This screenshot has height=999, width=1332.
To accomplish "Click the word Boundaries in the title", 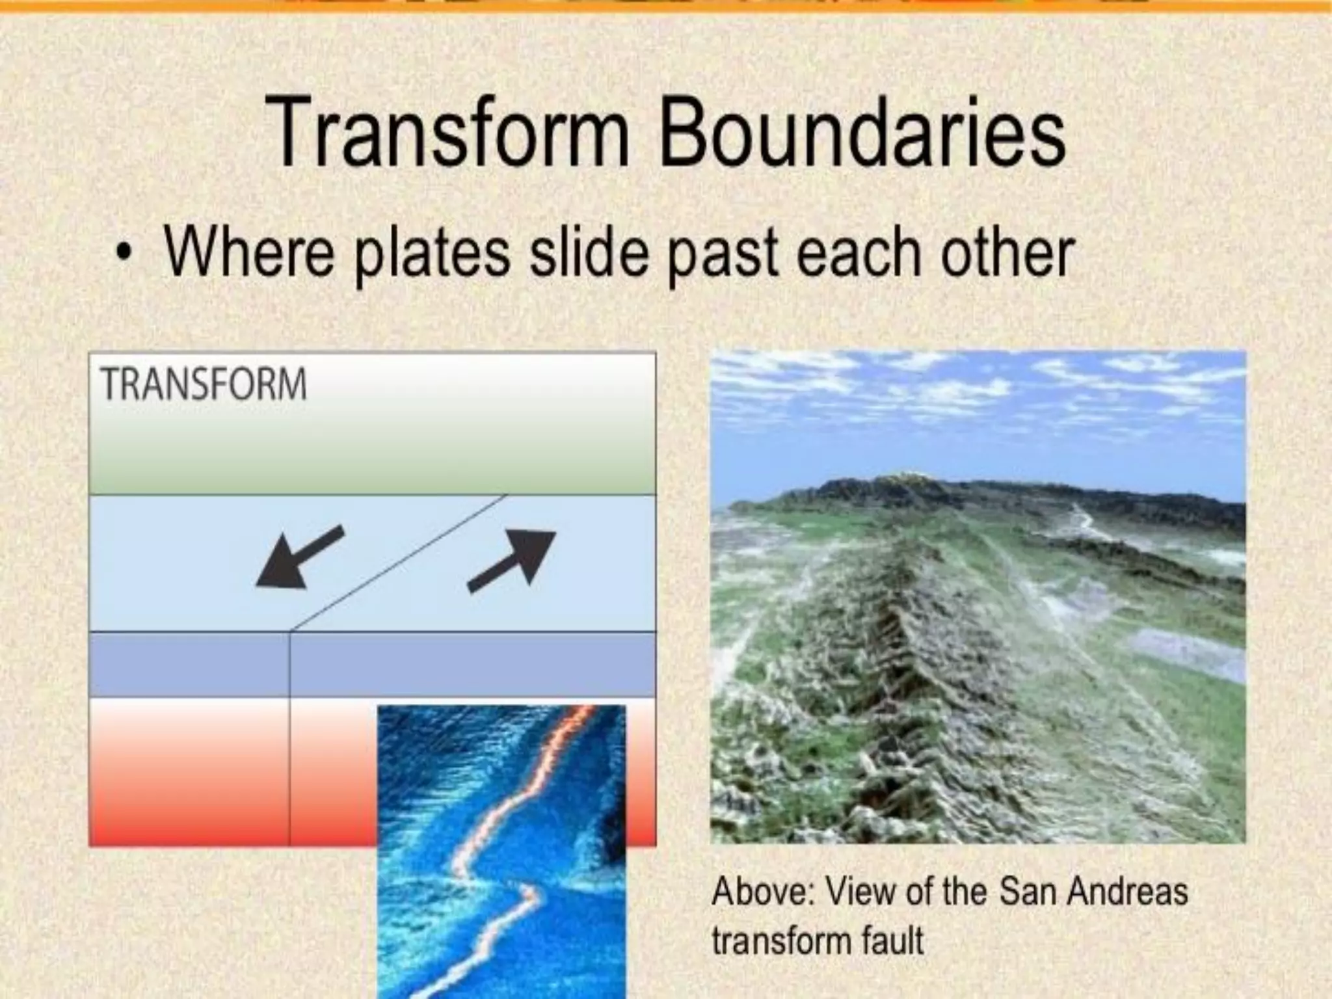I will coord(862,133).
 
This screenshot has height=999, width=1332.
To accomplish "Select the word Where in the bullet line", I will coord(248,252).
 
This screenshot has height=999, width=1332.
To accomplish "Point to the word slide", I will coord(589,252).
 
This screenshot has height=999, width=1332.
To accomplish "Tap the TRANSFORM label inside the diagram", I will coord(204,384).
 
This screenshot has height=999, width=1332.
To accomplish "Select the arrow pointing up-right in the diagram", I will coord(513,561).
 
